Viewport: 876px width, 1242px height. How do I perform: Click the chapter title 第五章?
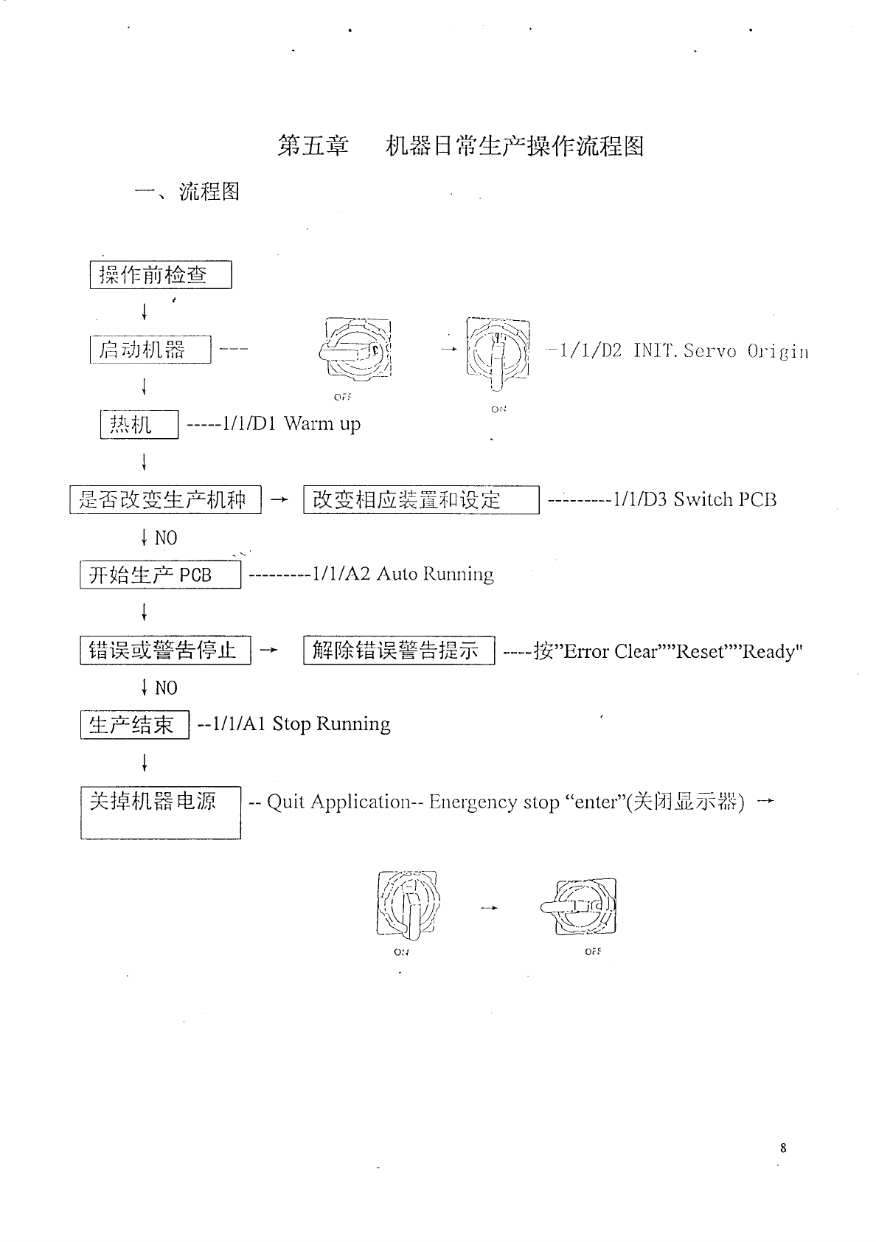point(313,146)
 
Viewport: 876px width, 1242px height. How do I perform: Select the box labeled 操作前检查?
point(161,275)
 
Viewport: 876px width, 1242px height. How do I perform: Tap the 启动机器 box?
point(150,350)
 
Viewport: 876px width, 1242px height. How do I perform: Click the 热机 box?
point(139,425)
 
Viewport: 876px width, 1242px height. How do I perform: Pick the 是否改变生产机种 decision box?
point(165,500)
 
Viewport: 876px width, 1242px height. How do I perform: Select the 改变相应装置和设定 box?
point(421,500)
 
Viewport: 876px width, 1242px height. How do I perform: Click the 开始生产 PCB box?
point(160,575)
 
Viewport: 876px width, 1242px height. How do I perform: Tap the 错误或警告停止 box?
point(165,651)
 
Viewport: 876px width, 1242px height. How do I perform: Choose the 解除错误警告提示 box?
point(399,651)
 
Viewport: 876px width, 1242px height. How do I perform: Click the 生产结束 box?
point(135,725)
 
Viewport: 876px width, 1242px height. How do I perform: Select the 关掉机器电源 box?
point(161,812)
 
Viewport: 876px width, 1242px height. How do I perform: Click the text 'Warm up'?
point(322,424)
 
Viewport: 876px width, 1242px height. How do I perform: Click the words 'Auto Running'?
point(435,575)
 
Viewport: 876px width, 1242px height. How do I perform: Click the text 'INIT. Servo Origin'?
point(720,351)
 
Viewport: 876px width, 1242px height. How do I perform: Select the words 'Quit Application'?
point(338,802)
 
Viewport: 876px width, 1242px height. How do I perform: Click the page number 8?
point(783,1148)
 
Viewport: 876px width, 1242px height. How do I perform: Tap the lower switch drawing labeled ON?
point(408,905)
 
